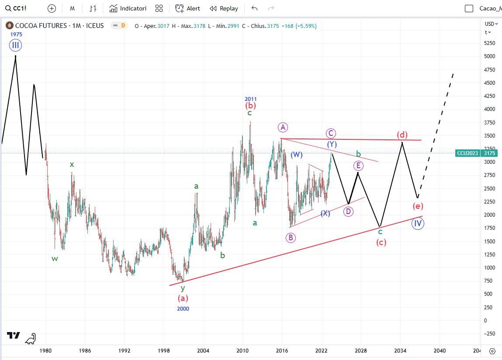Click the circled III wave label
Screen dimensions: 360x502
click(16, 45)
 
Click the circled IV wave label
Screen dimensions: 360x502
click(418, 224)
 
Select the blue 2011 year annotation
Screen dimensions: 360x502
click(250, 99)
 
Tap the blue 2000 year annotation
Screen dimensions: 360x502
click(183, 308)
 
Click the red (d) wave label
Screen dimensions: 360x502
click(402, 135)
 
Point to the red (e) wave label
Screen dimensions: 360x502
click(418, 206)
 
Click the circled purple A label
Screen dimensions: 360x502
click(283, 127)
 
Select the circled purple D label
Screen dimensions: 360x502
click(348, 211)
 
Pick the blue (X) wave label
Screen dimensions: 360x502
click(325, 213)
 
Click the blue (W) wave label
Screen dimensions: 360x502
click(296, 155)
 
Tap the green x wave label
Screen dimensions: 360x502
click(72, 164)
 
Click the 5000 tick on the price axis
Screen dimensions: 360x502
click(489, 56)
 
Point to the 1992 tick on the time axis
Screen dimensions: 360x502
click(125, 350)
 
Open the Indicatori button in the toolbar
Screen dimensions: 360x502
click(128, 8)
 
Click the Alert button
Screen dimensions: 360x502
click(188, 8)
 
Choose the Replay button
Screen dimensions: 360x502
click(224, 8)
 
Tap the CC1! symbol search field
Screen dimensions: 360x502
click(20, 8)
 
